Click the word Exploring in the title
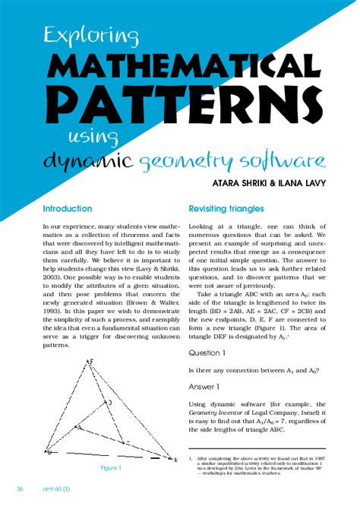90,35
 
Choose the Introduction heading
68,208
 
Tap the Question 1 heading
207,353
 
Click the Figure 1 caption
111,467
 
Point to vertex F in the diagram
90,362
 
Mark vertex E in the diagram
176,457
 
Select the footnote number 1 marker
190,459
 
